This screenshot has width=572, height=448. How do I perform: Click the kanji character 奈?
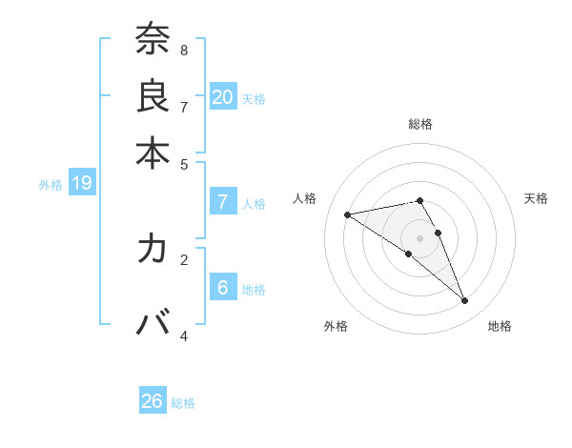click(153, 40)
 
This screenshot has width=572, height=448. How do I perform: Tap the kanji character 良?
click(153, 95)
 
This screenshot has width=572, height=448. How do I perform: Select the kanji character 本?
click(153, 153)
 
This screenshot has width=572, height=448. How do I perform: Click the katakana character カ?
click(153, 249)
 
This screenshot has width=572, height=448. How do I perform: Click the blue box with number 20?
click(223, 96)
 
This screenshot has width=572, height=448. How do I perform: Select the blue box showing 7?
click(223, 201)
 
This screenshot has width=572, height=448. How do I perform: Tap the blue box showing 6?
click(223, 287)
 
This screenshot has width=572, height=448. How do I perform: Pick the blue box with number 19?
click(81, 183)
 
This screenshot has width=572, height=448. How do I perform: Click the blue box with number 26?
click(153, 401)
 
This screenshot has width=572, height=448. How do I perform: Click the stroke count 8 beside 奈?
click(184, 49)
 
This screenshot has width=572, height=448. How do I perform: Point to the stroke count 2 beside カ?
click(184, 257)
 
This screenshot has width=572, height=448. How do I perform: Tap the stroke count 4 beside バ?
click(184, 336)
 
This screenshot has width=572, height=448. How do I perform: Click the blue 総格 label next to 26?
click(183, 403)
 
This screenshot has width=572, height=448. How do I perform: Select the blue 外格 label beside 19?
click(50, 185)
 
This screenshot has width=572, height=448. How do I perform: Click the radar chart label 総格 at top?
click(419, 124)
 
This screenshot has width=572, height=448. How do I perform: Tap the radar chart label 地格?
click(500, 326)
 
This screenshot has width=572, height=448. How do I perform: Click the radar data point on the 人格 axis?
click(347, 214)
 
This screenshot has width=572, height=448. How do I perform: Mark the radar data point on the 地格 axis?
click(465, 301)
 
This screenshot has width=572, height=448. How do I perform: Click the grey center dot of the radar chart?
click(419, 237)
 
